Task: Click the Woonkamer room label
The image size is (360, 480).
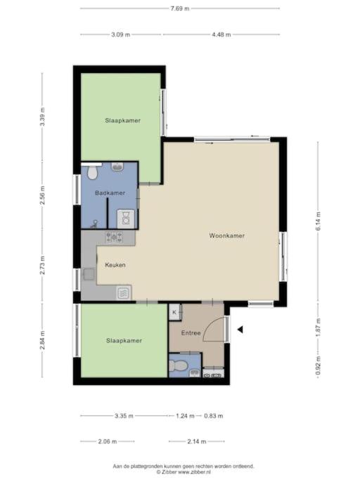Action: (x=226, y=235)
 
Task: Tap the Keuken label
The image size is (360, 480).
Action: (x=115, y=265)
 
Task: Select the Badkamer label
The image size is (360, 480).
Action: (x=110, y=193)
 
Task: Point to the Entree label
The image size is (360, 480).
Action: (x=191, y=332)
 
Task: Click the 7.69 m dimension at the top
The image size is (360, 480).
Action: (x=180, y=8)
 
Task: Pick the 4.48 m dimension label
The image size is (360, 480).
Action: (x=221, y=34)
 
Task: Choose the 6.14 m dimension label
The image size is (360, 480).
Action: (x=318, y=221)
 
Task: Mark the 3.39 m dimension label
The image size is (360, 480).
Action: (x=43, y=117)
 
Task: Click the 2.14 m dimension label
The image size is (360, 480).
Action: (x=197, y=441)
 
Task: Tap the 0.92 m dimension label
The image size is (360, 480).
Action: (x=318, y=365)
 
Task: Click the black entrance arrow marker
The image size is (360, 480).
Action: (x=240, y=330)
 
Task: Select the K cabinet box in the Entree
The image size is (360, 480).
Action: (x=175, y=312)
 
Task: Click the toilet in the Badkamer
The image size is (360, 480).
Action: (x=92, y=172)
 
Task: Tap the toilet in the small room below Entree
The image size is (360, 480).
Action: (x=178, y=365)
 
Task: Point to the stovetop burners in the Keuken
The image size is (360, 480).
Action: (x=114, y=237)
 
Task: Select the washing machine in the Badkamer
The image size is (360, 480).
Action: (x=126, y=219)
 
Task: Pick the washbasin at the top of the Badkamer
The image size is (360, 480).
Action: (x=117, y=167)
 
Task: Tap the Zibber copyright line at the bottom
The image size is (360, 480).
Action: (x=184, y=472)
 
